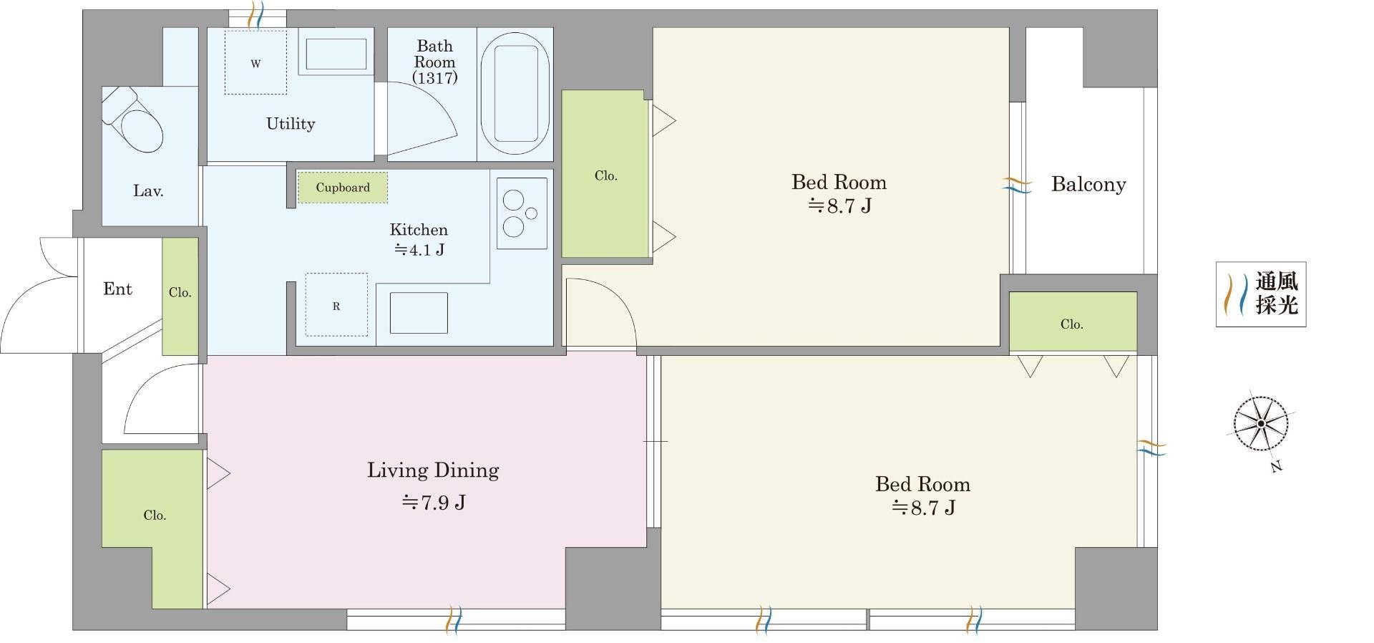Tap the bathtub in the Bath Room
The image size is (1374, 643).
point(515,92)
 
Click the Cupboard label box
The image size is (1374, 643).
point(343,188)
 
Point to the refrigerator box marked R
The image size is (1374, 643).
point(336,305)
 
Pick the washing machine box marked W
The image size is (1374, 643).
point(255,62)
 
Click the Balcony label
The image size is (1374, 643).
point(1088,185)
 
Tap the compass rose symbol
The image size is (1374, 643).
point(1261,423)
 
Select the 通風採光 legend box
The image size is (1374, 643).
point(1261,294)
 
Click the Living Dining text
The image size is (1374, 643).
point(433,470)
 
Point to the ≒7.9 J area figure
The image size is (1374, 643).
point(433,503)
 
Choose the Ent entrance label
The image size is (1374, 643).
point(117,289)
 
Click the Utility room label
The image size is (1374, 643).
point(291,124)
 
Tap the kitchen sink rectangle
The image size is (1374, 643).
point(419,313)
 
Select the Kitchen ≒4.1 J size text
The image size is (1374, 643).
point(419,250)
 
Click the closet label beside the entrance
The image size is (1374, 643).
point(180,292)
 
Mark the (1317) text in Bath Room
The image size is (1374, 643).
point(434,78)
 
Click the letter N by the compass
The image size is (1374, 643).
point(1277,467)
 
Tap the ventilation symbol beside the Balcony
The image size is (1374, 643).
point(1016,185)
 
